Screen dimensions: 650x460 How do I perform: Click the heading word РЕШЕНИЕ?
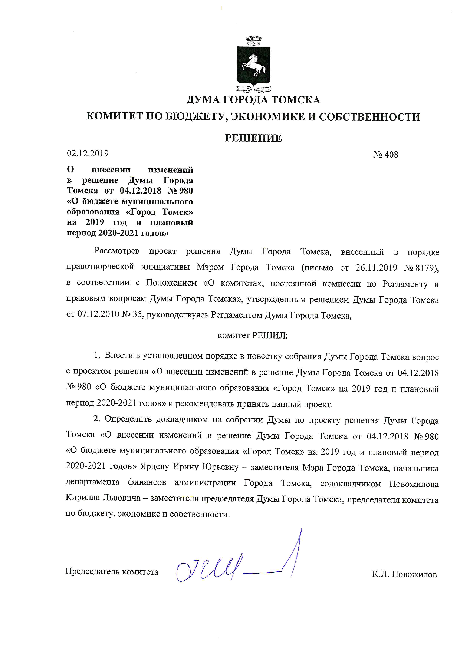[x=254, y=138]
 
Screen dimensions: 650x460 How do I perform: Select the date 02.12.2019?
[x=88, y=154]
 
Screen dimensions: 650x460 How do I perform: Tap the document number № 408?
[x=385, y=155]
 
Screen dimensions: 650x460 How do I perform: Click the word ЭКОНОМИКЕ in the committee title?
[x=267, y=117]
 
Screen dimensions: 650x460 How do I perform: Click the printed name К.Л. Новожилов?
[x=404, y=575]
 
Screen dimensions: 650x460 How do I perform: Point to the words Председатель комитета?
[x=112, y=571]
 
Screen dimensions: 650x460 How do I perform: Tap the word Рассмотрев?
[x=117, y=251]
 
